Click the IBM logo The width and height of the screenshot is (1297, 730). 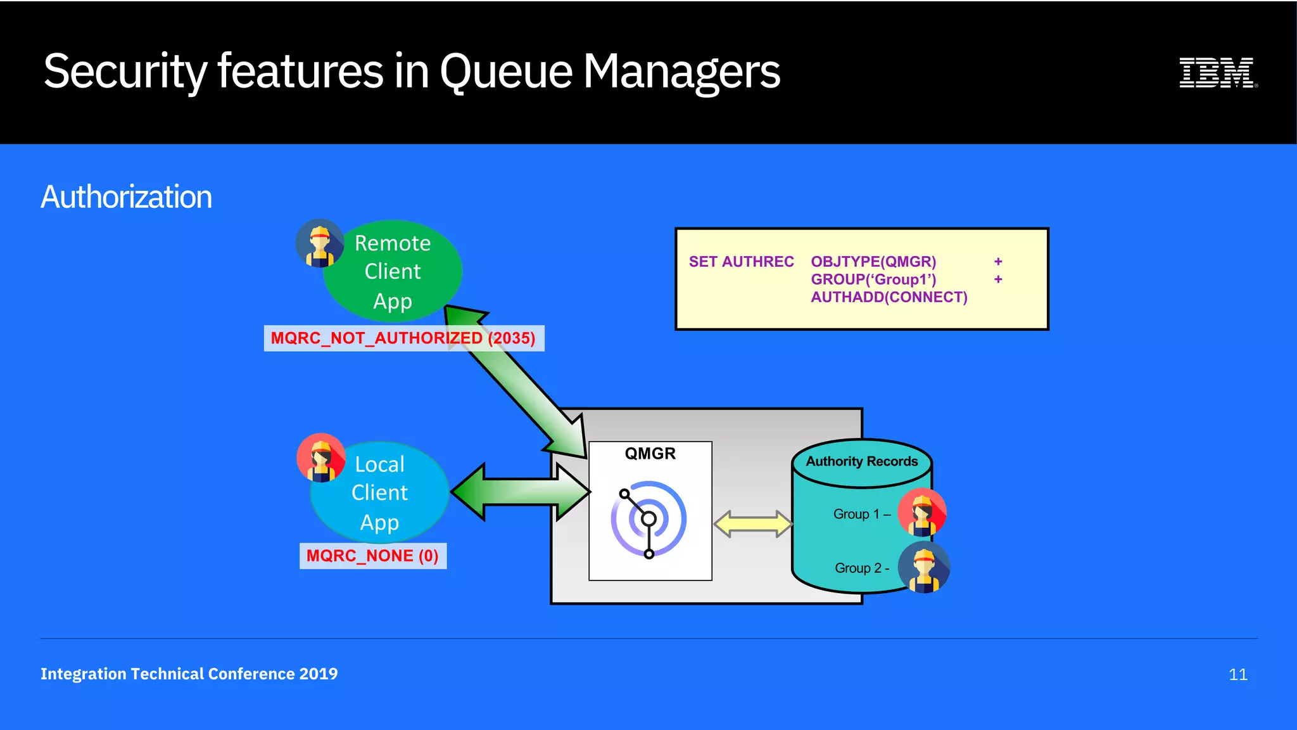(x=1217, y=72)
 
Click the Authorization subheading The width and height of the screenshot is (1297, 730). (x=127, y=197)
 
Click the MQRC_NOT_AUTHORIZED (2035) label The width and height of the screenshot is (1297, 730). (x=403, y=338)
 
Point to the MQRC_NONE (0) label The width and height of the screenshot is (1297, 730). (x=372, y=556)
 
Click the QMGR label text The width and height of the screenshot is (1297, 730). (x=650, y=454)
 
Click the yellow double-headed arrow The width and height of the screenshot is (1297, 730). (x=752, y=524)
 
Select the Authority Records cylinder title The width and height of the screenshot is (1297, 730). (x=861, y=462)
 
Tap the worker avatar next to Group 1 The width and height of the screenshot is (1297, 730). (x=922, y=513)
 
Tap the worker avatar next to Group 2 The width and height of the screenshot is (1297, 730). (x=924, y=567)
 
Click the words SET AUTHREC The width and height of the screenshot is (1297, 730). (x=741, y=262)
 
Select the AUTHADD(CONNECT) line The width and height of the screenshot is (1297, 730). (x=889, y=297)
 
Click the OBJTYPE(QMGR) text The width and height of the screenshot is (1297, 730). (x=873, y=262)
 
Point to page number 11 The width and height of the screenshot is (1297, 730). (x=1237, y=674)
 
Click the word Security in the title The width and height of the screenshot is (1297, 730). (x=125, y=72)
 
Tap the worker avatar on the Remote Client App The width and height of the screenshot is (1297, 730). (x=320, y=243)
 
